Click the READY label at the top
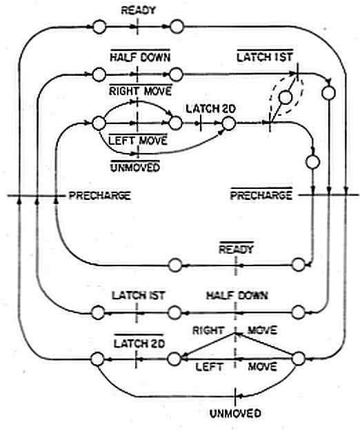(x=138, y=10)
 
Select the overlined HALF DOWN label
(x=140, y=57)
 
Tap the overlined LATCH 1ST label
(x=265, y=56)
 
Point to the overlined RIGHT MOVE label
(x=141, y=90)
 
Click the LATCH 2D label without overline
(x=210, y=108)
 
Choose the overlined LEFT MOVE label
(x=138, y=139)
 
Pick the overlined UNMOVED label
(x=135, y=167)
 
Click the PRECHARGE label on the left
(x=99, y=196)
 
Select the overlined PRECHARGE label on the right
(x=261, y=194)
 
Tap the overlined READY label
(x=237, y=248)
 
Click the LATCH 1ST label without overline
(x=138, y=296)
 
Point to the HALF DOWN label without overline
(x=237, y=296)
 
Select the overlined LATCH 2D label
(x=139, y=342)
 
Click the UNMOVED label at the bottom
(x=235, y=414)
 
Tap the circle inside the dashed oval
(x=286, y=97)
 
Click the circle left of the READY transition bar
(x=99, y=27)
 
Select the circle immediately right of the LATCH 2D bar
(x=229, y=123)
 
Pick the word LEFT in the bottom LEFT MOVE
(x=209, y=367)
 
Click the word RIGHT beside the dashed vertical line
(x=208, y=330)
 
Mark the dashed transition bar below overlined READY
(x=236, y=265)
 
